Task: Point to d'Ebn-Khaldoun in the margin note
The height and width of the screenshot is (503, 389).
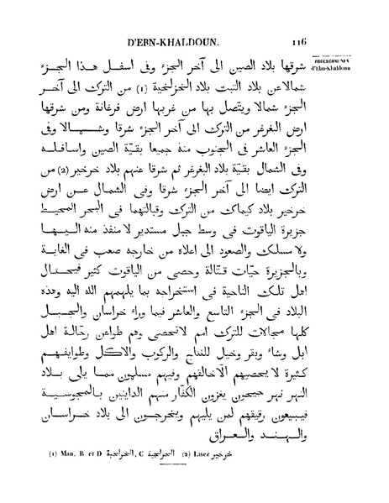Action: (x=358, y=67)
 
